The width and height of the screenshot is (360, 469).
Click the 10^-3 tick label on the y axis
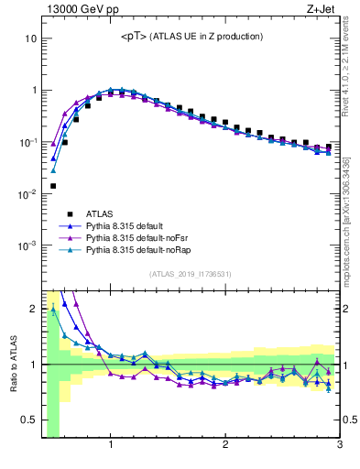27,245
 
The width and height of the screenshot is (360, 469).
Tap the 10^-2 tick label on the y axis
27,194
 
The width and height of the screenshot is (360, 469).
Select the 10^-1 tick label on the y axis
27,143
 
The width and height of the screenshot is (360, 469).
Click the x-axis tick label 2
225,447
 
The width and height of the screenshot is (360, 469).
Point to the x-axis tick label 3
339,447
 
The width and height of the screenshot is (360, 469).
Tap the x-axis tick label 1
111,447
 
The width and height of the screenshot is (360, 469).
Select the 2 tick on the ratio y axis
32,308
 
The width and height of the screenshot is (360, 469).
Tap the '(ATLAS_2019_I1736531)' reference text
191,274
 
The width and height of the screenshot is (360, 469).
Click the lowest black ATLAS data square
53,186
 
